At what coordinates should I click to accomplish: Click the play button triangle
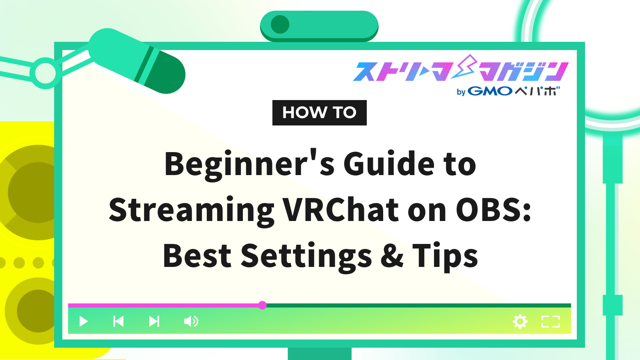pyautogui.click(x=83, y=321)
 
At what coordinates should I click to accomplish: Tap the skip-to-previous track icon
pyautogui.click(x=119, y=321)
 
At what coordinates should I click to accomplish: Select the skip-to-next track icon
pyautogui.click(x=154, y=321)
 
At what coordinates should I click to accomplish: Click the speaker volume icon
pyautogui.click(x=191, y=321)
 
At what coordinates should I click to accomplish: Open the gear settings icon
pyautogui.click(x=520, y=322)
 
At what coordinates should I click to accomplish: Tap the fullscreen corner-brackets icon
pyautogui.click(x=551, y=322)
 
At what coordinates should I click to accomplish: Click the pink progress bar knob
pyautogui.click(x=262, y=305)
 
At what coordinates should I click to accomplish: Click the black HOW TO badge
pyautogui.click(x=320, y=113)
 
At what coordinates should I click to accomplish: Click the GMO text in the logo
pyautogui.click(x=490, y=91)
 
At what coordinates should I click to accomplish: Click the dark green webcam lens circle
pyautogui.click(x=280, y=25)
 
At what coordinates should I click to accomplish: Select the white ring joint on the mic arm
pyautogui.click(x=45, y=73)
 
